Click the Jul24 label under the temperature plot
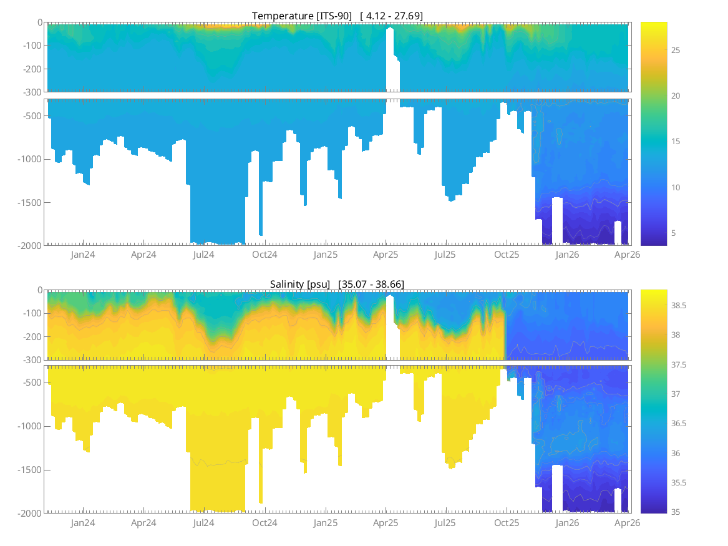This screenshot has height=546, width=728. [204, 255]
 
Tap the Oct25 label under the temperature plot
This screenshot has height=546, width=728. [507, 255]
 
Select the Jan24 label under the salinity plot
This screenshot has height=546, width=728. [83, 523]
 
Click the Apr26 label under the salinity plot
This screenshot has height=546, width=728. [627, 523]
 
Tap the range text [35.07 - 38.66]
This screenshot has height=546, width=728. [371, 284]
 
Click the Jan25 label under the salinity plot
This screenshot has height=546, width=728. [325, 523]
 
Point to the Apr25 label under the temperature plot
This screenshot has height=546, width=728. [386, 255]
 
